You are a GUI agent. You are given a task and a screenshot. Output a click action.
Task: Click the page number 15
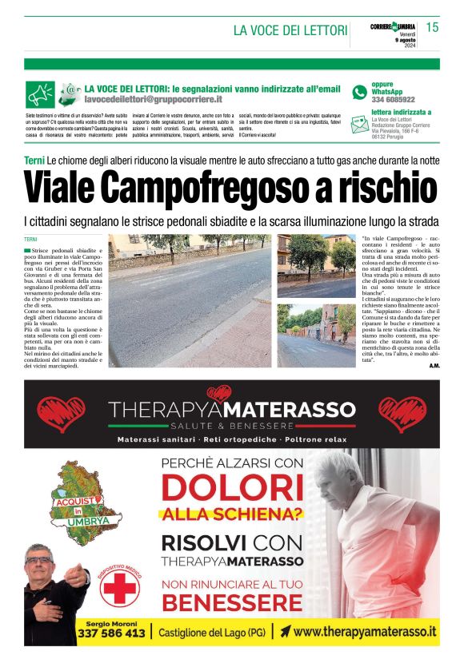(432, 28)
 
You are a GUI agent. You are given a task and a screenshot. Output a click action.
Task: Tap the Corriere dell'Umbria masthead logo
(393, 27)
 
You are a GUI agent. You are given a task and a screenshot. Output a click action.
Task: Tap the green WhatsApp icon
(359, 92)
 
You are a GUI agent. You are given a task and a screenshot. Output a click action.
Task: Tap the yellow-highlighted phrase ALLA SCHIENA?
(232, 514)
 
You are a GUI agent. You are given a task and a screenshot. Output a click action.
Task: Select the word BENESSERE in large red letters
(232, 601)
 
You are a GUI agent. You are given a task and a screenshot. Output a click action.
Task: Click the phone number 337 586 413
(111, 633)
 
